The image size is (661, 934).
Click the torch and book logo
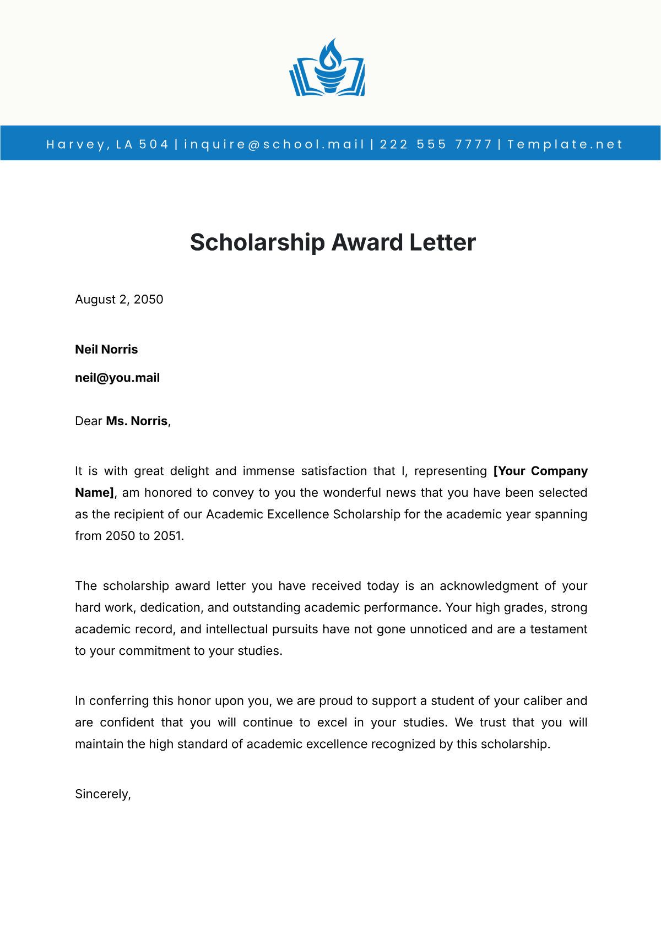click(x=327, y=69)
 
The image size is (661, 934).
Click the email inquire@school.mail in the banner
click(x=274, y=144)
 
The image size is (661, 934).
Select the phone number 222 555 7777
click(x=435, y=144)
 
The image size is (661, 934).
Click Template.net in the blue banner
click(x=565, y=144)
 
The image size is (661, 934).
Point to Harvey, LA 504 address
click(x=107, y=144)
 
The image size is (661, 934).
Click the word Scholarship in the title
click(x=257, y=242)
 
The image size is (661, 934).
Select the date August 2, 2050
click(x=119, y=300)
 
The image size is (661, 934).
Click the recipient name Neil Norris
click(x=106, y=350)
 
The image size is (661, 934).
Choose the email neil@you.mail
click(x=117, y=378)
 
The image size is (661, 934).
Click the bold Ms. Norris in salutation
click(x=137, y=421)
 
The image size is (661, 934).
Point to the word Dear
click(x=89, y=421)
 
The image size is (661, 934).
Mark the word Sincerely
click(x=102, y=794)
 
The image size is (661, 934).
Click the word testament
click(x=559, y=629)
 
